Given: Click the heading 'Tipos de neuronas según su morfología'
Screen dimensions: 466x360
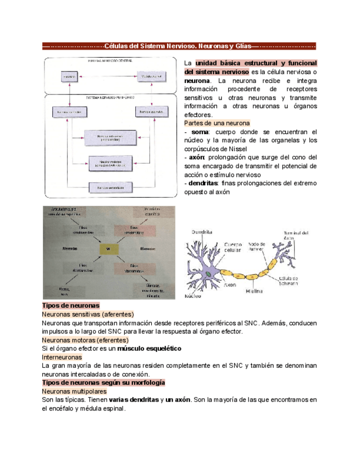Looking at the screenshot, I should pos(103,382).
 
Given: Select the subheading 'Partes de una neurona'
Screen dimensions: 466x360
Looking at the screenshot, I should pos(217,124).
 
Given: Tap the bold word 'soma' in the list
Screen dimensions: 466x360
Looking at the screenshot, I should pos(200,132).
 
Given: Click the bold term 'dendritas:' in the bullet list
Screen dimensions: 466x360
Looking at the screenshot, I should pos(203,183).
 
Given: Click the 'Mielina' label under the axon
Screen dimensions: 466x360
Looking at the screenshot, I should pos(254,291).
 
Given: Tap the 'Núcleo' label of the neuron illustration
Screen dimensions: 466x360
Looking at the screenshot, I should pos(193,295).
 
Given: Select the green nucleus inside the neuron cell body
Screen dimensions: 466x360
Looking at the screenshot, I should pos(208,273).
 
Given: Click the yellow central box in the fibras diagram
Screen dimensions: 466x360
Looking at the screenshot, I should pos(109,248).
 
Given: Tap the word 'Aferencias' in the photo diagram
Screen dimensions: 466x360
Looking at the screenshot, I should pos(70,248).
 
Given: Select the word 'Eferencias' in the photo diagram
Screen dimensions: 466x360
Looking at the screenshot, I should pos(149,248).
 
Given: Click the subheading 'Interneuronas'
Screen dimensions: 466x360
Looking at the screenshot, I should pos(62,357).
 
